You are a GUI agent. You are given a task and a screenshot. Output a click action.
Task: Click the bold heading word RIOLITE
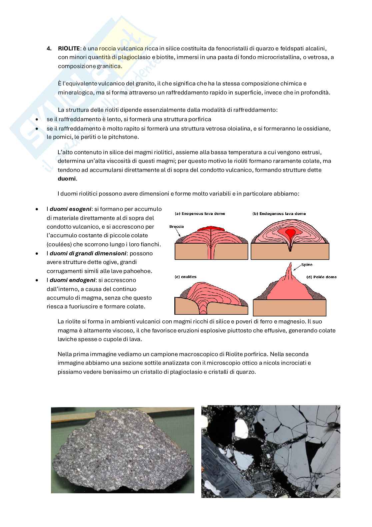69,49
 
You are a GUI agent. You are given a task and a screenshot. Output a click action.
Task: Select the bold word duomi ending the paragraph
67,179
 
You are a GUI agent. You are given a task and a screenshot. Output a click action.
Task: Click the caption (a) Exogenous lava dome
200,214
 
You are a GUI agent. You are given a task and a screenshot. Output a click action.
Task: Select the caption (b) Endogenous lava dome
279,214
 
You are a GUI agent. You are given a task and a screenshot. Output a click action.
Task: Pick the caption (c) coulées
185,277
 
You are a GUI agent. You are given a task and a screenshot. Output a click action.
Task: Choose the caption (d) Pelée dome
321,277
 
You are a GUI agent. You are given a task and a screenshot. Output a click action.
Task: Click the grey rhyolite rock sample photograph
122,450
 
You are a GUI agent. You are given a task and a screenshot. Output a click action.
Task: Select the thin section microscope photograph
271,451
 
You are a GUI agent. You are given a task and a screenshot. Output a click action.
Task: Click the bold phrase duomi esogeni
70,209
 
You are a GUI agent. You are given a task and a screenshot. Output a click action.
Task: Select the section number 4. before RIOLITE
49,49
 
